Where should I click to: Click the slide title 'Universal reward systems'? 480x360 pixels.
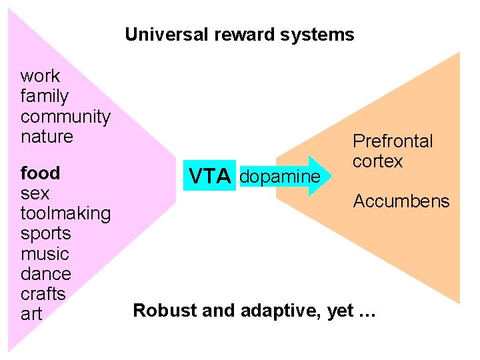tap(239, 35)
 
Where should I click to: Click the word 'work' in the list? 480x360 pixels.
tap(40, 76)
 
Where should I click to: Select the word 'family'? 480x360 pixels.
tap(44, 97)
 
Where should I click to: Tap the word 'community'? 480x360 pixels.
tap(65, 117)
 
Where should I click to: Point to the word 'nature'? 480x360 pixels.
tap(47, 137)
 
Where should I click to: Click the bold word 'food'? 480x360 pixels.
tap(40, 173)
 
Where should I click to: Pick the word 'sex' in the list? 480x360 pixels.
tap(35, 193)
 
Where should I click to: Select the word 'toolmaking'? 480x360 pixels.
tap(65, 213)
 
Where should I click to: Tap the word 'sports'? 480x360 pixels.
tap(45, 233)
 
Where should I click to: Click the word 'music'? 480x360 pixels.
tap(45, 254)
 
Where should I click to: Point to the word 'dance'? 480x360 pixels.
tap(45, 274)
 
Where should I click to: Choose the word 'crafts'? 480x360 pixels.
tap(43, 294)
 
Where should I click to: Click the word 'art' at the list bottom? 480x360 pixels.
tap(31, 314)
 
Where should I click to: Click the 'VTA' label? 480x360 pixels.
tap(209, 177)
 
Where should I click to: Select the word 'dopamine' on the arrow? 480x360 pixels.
tap(279, 177)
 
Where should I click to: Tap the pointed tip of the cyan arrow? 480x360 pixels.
tap(329, 176)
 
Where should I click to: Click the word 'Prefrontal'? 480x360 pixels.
tap(393, 141)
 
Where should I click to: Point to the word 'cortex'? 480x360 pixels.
tap(377, 161)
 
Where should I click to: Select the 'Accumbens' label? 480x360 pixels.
tap(401, 201)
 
